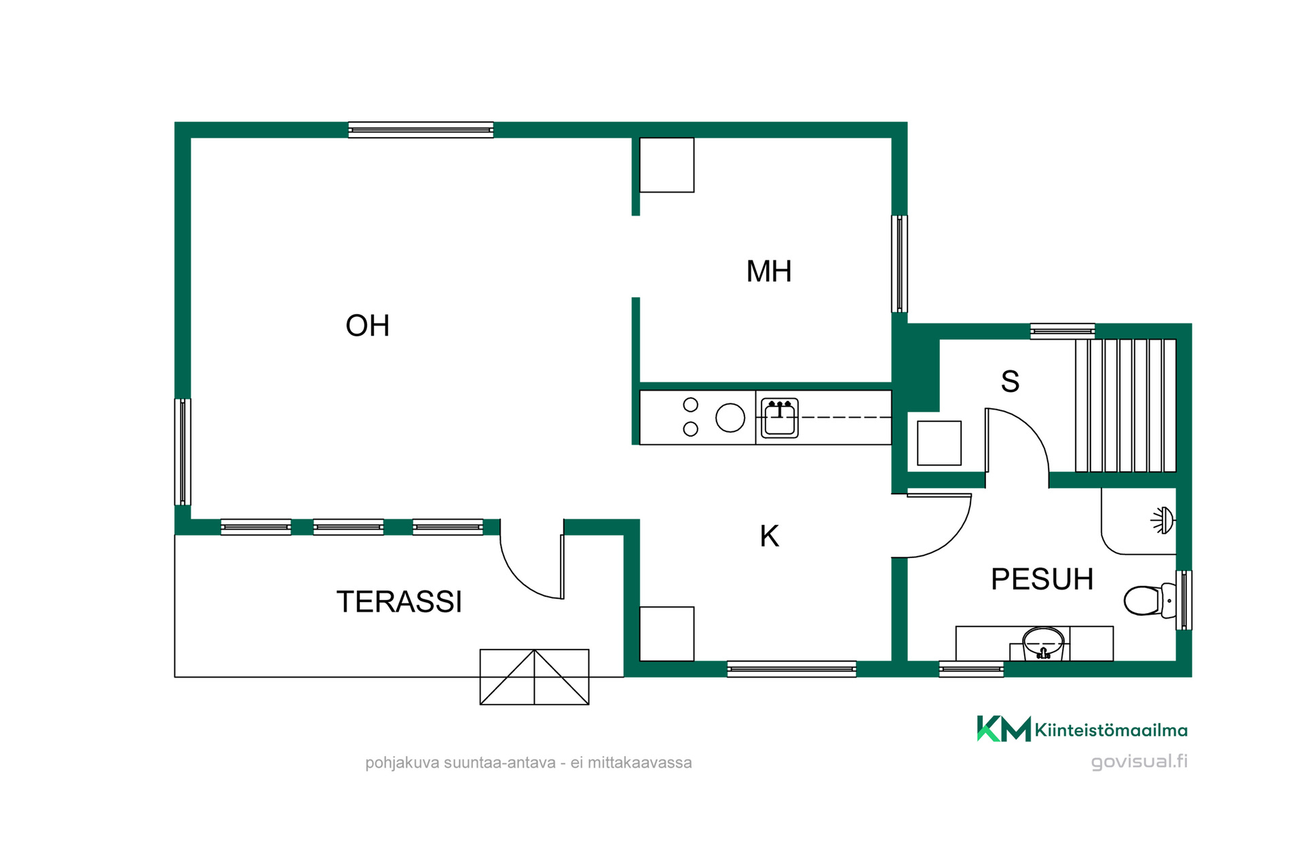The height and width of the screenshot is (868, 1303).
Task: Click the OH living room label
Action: pos(367,325)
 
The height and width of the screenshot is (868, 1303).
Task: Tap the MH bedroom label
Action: pos(769,271)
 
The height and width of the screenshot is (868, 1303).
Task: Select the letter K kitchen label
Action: pos(769,536)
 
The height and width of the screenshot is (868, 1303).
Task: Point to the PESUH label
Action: pos(1042,579)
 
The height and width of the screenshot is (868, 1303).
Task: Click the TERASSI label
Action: pos(399,601)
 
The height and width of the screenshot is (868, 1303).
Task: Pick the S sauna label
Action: pos(1010,381)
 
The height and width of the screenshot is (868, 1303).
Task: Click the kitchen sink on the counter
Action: pos(779,418)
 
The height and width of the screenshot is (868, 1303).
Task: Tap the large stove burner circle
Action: pos(730,418)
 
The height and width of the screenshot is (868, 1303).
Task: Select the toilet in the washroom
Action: pos(1149,600)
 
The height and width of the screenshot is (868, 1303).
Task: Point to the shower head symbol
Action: pos(1163,520)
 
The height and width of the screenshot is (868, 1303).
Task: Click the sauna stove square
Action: pos(939,443)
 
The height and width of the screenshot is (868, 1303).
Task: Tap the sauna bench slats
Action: pos(1125,406)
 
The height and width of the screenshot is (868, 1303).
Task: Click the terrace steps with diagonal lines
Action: pos(534,677)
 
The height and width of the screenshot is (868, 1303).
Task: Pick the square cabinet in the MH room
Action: pos(666,165)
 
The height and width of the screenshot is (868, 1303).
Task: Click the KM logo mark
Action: pos(1004,729)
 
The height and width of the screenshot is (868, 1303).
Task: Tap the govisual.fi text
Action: pos(1139,762)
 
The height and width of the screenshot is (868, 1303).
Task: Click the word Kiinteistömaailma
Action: pos(1111,730)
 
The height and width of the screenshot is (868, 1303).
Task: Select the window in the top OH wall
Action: pos(421,130)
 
